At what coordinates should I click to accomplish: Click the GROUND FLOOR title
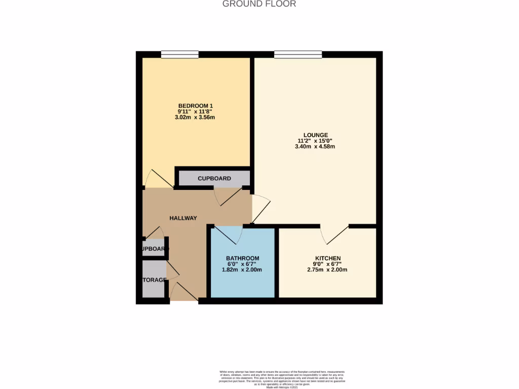click(x=259, y=4)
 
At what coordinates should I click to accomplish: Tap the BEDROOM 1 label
click(x=195, y=105)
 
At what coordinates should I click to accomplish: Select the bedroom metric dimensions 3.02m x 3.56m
click(x=195, y=118)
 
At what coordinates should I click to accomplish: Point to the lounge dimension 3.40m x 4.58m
click(x=315, y=147)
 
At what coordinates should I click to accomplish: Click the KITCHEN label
click(x=327, y=258)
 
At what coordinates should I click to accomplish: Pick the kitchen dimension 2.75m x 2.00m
click(x=327, y=270)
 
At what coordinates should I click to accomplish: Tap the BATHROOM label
click(x=242, y=258)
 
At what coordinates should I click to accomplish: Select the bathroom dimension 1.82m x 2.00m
click(x=242, y=270)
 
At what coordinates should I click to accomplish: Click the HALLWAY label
click(x=183, y=218)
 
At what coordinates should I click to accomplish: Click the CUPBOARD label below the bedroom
click(x=214, y=178)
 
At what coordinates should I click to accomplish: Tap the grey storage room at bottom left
click(x=154, y=280)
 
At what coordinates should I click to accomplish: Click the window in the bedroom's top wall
click(x=180, y=54)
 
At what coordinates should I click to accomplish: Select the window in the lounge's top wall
click(x=298, y=54)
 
